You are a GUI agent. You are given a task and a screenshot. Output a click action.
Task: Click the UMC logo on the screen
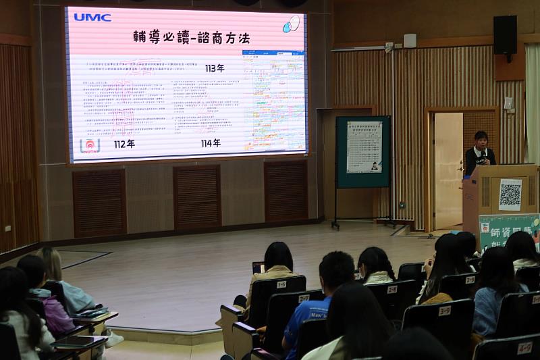click(92, 18)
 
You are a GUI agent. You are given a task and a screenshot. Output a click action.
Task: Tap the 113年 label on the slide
click(215, 68)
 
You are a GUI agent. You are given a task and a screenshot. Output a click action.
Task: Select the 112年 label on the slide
click(124, 144)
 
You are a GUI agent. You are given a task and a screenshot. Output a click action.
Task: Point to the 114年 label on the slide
click(211, 143)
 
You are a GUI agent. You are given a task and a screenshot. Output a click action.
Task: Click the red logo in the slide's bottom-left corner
click(90, 146)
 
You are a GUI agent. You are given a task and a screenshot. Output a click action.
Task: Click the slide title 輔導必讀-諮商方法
click(191, 38)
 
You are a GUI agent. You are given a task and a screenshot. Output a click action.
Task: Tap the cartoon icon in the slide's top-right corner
click(291, 24)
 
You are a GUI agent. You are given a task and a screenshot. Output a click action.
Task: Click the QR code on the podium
click(510, 195)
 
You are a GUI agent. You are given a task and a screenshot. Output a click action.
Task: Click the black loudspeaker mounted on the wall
click(504, 35)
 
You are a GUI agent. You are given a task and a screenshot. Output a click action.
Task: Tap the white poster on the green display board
click(364, 147)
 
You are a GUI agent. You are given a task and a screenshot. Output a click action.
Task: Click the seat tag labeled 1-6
click(281, 284)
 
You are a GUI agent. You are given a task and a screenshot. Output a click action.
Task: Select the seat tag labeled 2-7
click(304, 298)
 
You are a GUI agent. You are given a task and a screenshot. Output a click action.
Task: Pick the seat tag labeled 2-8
click(391, 289)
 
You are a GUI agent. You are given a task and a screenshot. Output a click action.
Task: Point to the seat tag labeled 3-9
click(444, 311)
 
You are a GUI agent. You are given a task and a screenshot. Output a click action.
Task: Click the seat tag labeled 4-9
click(524, 349)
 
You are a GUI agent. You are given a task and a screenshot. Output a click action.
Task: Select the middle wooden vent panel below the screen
click(196, 197)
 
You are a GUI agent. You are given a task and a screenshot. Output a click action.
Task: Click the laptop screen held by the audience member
click(257, 267)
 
